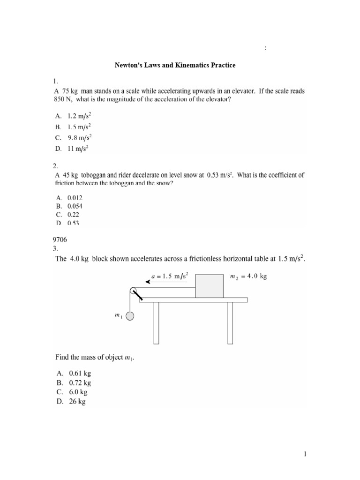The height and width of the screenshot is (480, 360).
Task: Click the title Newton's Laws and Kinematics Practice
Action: point(175,65)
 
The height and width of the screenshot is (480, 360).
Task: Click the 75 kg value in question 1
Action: point(70,89)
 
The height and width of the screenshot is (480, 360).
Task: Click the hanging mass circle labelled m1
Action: point(129,316)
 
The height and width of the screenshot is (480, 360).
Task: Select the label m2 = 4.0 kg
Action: point(249,276)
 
